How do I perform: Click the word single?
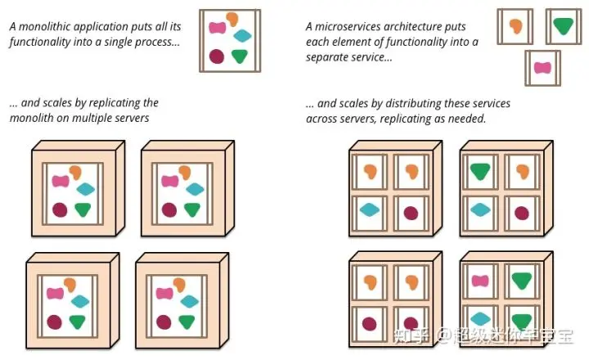tap(118, 42)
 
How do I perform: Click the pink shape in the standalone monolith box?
tap(218, 28)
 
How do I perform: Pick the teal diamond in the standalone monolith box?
tap(242, 36)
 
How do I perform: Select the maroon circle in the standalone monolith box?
tap(217, 56)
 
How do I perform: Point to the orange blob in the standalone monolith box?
tap(232, 19)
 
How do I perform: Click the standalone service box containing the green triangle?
tap(564, 26)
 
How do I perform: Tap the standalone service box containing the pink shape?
tap(543, 68)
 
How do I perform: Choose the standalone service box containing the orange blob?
tap(515, 26)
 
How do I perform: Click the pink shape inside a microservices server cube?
tap(480, 281)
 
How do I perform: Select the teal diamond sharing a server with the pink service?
tap(480, 319)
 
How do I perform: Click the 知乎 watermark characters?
tap(411, 335)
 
